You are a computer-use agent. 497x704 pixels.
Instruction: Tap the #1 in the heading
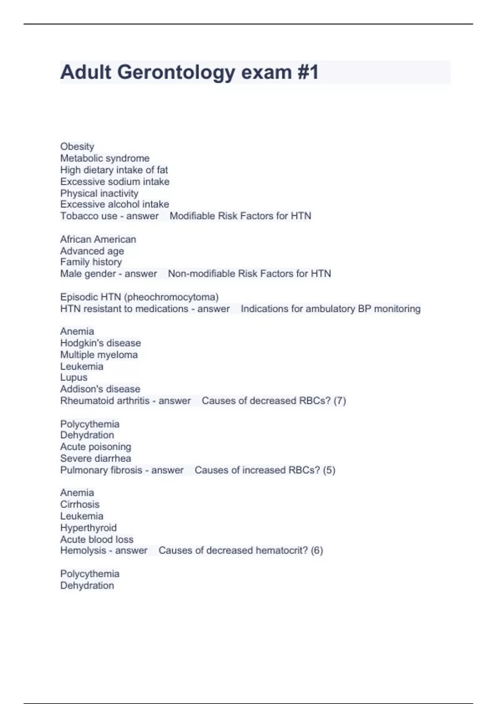pos(308,72)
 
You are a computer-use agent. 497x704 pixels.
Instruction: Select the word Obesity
pos(77,147)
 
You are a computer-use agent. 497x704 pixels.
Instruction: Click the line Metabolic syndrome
pos(105,158)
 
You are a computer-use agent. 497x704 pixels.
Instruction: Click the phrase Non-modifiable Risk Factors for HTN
pos(249,274)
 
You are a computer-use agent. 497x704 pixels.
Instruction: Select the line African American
pos(98,239)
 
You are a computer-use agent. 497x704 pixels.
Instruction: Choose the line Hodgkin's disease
pos(101,343)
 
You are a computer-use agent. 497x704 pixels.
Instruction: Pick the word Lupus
pos(74,378)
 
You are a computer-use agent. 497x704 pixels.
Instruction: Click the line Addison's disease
pos(100,389)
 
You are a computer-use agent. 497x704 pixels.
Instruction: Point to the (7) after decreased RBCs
pos(340,401)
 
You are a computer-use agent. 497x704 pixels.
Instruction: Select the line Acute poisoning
pos(96,447)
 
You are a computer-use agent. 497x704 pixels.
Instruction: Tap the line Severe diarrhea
pos(96,458)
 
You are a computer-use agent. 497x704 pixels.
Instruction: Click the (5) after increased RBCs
pos(329,470)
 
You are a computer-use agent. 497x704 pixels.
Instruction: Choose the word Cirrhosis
pos(80,504)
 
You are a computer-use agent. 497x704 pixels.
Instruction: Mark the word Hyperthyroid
pos(88,528)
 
